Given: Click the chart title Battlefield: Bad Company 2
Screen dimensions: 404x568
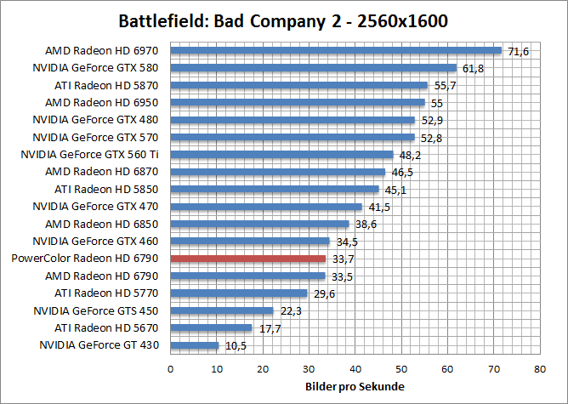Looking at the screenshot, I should pyautogui.click(x=284, y=20).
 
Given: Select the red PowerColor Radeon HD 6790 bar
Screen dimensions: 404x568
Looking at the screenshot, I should pyautogui.click(x=248, y=259).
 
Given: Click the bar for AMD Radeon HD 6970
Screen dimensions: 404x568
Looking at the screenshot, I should pyautogui.click(x=336, y=50).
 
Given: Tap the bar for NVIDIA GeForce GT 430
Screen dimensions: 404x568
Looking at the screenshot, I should pyautogui.click(x=195, y=345).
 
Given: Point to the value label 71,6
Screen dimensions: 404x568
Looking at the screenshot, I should pyautogui.click(x=518, y=52).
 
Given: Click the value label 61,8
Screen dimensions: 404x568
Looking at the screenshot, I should pyautogui.click(x=472, y=68).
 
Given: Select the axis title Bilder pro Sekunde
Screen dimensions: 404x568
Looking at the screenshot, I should pyautogui.click(x=355, y=387).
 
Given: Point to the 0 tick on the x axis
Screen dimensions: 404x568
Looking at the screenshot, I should pyautogui.click(x=171, y=369).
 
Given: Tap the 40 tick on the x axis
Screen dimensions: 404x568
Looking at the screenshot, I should pyautogui.click(x=355, y=369).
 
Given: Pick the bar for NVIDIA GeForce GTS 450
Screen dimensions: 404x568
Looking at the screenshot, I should pyautogui.click(x=222, y=310).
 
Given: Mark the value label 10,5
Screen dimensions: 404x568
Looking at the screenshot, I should pyautogui.click(x=235, y=345).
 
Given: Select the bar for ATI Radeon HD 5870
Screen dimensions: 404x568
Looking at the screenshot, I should pyautogui.click(x=299, y=85).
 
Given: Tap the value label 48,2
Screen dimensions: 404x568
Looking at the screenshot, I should pyautogui.click(x=409, y=155).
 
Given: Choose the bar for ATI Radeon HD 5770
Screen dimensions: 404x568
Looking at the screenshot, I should pyautogui.click(x=239, y=293).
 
